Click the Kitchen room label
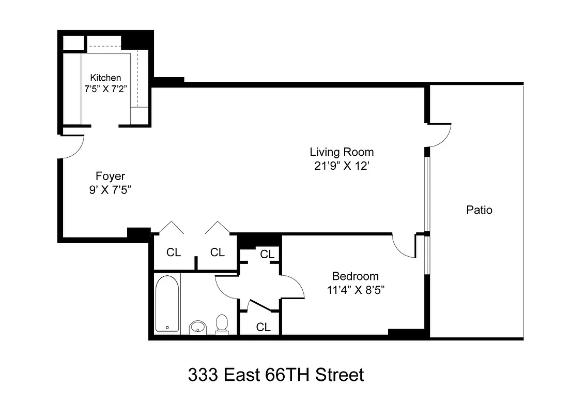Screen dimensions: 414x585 pos(106,78)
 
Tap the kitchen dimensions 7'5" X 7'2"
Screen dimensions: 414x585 pos(106,88)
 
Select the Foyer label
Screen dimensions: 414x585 pos(110,176)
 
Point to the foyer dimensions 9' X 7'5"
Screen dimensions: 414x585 pos(110,189)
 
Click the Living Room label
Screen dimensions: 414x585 pos(342,152)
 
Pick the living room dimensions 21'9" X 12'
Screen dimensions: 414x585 pos(342,166)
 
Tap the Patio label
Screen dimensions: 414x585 pos(479,210)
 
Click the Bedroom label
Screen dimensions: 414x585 pos(355,276)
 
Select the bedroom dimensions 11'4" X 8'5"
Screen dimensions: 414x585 pos(355,290)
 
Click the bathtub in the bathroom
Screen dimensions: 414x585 pos(167,303)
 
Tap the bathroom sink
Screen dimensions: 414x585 pos(197,327)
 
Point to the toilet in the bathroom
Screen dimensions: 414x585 pos(222,323)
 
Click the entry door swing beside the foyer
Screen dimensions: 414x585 pos(72,147)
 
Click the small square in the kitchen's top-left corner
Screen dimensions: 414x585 pos(73,42)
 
